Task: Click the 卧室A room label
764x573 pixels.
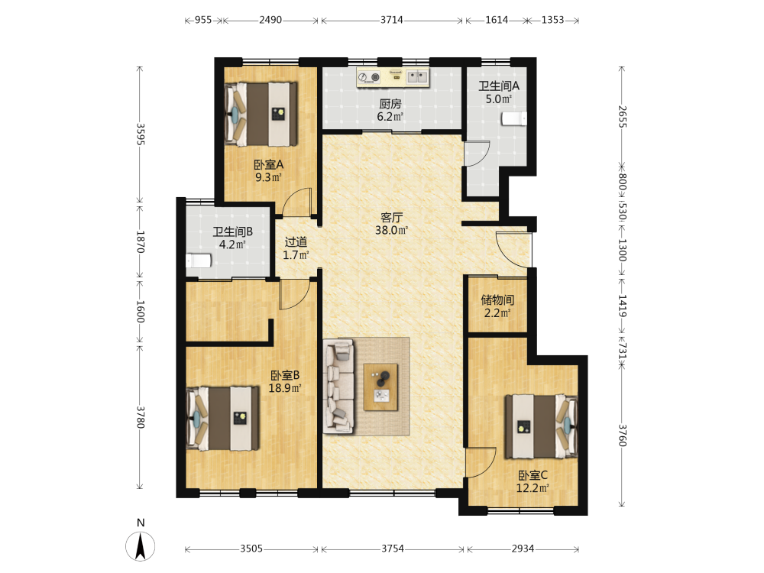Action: click(x=268, y=165)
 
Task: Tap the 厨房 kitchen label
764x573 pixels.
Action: click(x=390, y=104)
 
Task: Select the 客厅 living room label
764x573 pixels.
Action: click(x=391, y=217)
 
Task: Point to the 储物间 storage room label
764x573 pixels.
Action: click(x=497, y=299)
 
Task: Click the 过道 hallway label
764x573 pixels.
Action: click(x=296, y=241)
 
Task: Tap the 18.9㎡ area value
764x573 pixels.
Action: click(x=285, y=388)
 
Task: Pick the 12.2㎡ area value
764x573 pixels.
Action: click(x=533, y=487)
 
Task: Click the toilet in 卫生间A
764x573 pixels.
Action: click(x=514, y=119)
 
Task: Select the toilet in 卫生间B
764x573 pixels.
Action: click(x=199, y=261)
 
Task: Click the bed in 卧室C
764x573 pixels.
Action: click(x=541, y=427)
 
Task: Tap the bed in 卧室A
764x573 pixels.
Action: click(x=261, y=114)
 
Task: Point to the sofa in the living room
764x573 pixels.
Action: click(x=338, y=387)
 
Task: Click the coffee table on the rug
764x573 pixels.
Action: click(x=380, y=387)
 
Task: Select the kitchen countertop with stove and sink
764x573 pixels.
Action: click(x=393, y=77)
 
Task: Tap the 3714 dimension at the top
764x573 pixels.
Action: click(x=392, y=20)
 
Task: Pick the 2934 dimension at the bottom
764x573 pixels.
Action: click(x=523, y=549)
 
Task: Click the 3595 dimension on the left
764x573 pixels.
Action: click(x=141, y=134)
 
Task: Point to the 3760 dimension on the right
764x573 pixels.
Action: click(x=622, y=435)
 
